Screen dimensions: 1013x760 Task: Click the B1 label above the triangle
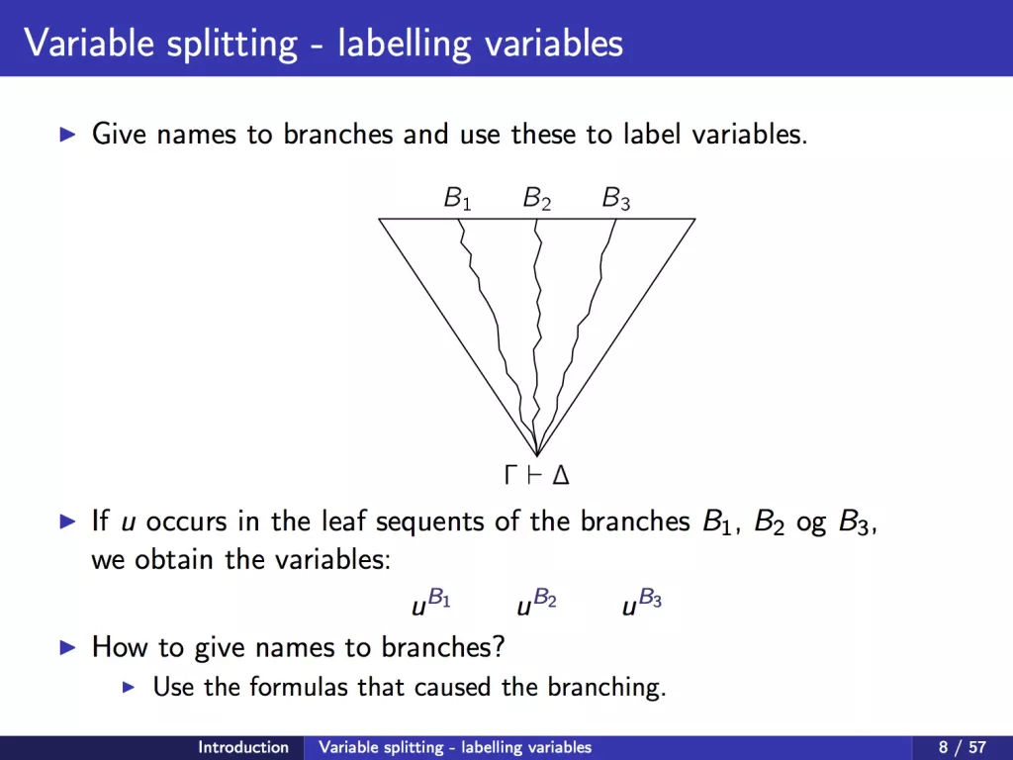[x=457, y=198]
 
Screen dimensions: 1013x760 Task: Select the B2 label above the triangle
[x=537, y=198]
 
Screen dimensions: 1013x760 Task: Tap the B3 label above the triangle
[x=615, y=198]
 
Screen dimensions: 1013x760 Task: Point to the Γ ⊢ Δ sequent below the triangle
[x=536, y=476]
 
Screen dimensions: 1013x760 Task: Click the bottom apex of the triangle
[x=537, y=455]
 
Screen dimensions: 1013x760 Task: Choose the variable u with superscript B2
[x=536, y=602]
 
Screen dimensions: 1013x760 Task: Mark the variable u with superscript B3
[x=641, y=602]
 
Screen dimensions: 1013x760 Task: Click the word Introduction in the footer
[x=243, y=747]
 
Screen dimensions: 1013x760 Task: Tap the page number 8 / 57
[x=962, y=748]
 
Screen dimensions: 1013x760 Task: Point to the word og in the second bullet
[x=811, y=523]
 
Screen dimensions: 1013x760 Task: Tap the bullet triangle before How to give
[x=67, y=647]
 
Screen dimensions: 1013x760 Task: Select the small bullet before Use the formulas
[x=129, y=687]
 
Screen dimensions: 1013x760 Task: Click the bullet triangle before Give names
[x=67, y=135]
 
